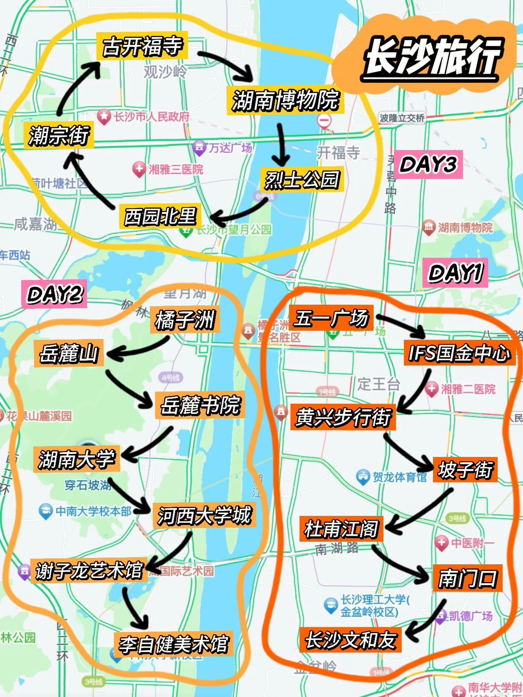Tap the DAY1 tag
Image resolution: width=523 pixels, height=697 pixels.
click(x=455, y=273)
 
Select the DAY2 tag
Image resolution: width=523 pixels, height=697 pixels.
click(x=54, y=294)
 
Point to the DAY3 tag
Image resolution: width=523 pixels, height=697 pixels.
click(x=428, y=165)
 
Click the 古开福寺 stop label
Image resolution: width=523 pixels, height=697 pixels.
click(x=142, y=46)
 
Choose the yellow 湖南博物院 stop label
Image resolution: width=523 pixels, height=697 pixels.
click(x=285, y=101)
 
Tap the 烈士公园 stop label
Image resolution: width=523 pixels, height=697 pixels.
click(x=302, y=180)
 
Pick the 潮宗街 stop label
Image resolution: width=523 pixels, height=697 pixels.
click(x=59, y=135)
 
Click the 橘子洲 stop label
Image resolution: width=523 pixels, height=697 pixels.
click(x=185, y=319)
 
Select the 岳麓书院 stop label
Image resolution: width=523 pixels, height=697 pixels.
click(x=200, y=405)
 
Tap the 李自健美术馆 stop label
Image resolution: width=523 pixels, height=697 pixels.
click(x=173, y=644)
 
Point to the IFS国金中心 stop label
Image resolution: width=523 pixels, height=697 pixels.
click(x=459, y=353)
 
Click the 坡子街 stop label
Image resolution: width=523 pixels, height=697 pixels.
click(x=465, y=470)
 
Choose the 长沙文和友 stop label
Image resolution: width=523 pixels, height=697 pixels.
click(x=350, y=640)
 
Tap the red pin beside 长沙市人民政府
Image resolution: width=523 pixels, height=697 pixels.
click(x=104, y=116)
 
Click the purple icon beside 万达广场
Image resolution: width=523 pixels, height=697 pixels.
click(x=199, y=148)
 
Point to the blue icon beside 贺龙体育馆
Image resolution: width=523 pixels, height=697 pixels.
click(x=363, y=477)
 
